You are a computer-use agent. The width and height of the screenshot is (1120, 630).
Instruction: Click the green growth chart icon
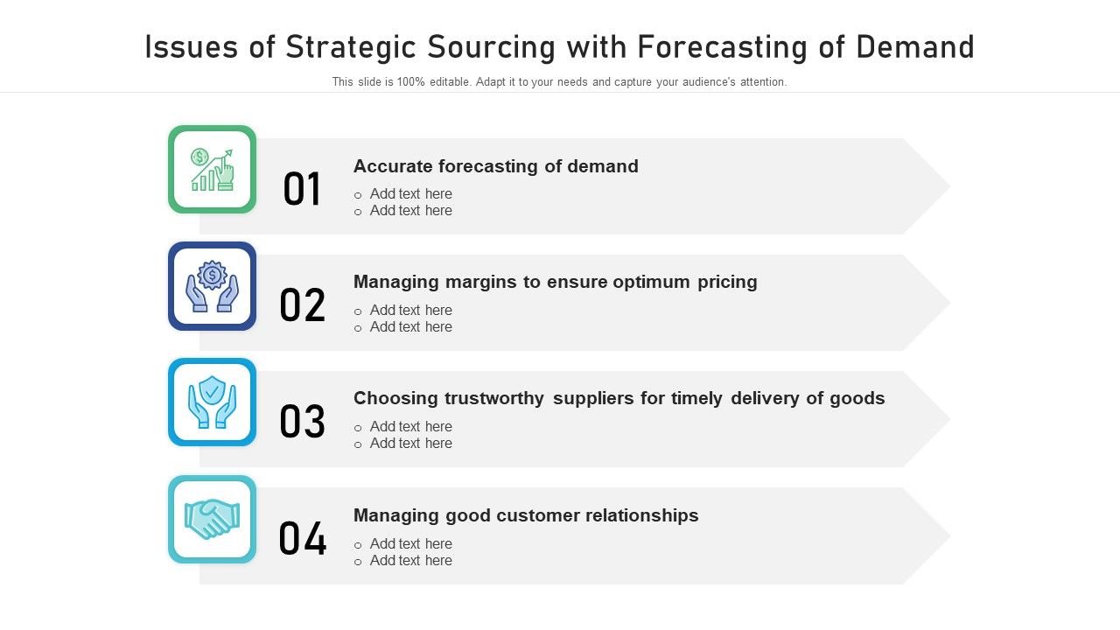point(213,170)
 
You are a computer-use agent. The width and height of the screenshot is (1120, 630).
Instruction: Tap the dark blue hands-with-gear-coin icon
point(213,286)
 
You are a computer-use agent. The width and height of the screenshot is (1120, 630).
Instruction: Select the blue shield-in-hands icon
point(213,402)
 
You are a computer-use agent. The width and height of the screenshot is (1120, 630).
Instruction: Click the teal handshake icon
point(213,519)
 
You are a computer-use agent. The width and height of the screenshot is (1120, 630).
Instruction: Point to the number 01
point(302,190)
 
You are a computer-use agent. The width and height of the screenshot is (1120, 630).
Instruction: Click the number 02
point(302,306)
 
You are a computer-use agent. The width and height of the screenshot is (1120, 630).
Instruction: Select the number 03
point(302,423)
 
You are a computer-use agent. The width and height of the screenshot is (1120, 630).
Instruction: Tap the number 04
point(302,539)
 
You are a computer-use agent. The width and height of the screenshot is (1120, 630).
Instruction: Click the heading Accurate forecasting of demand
point(495,166)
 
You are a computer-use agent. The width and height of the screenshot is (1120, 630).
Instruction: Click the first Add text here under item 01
point(410,194)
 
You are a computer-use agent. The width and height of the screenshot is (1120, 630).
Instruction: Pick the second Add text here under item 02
point(410,327)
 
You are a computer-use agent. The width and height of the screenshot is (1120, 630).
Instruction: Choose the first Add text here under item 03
point(410,427)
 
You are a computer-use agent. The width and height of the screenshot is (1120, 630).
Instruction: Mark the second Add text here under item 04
point(410,561)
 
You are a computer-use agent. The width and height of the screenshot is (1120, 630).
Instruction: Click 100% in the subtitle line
point(410,82)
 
